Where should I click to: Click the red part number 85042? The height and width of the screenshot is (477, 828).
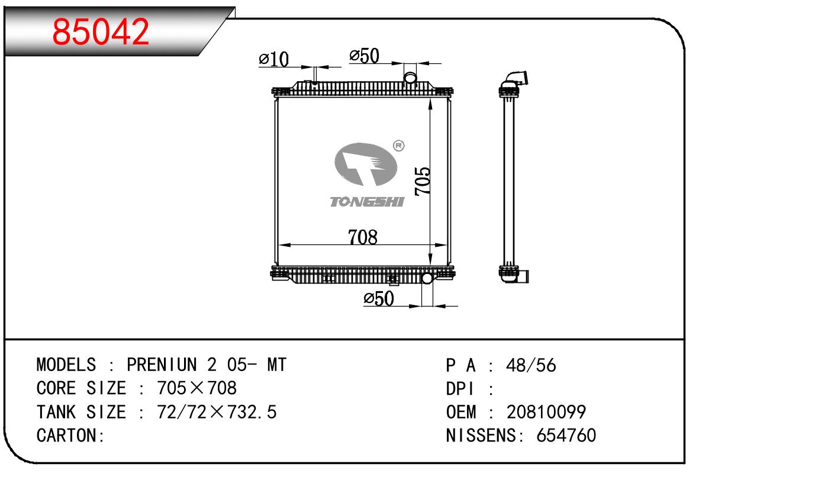(x=101, y=32)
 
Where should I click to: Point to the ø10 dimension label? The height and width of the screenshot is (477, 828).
(x=273, y=59)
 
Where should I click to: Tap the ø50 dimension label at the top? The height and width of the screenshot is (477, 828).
(x=364, y=56)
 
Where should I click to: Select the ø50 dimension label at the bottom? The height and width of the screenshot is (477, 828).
(x=379, y=298)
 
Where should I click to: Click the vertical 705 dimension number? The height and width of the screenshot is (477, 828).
(x=423, y=181)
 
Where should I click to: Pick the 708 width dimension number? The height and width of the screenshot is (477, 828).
(x=363, y=237)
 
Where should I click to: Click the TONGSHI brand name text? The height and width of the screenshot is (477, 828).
(x=367, y=202)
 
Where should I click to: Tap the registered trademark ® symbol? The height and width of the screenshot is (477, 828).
(x=398, y=146)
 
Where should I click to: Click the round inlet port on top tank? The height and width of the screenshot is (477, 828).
(x=410, y=78)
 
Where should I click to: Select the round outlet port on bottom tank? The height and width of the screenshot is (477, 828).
(x=427, y=278)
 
